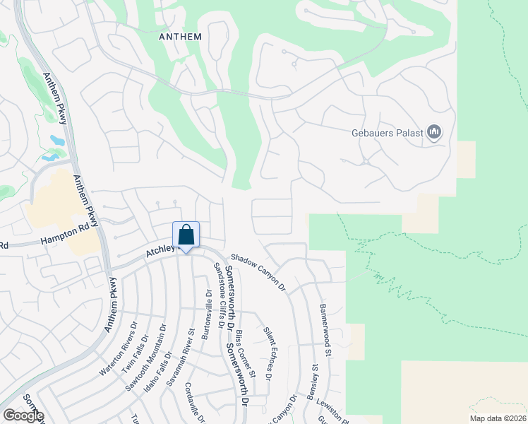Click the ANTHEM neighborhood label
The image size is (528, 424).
tap(181, 37)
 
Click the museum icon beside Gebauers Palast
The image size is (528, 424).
tap(434, 133)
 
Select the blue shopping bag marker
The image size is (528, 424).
tap(186, 235)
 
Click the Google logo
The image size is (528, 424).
tap(23, 416)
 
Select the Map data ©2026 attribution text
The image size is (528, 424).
tap(497, 418)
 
